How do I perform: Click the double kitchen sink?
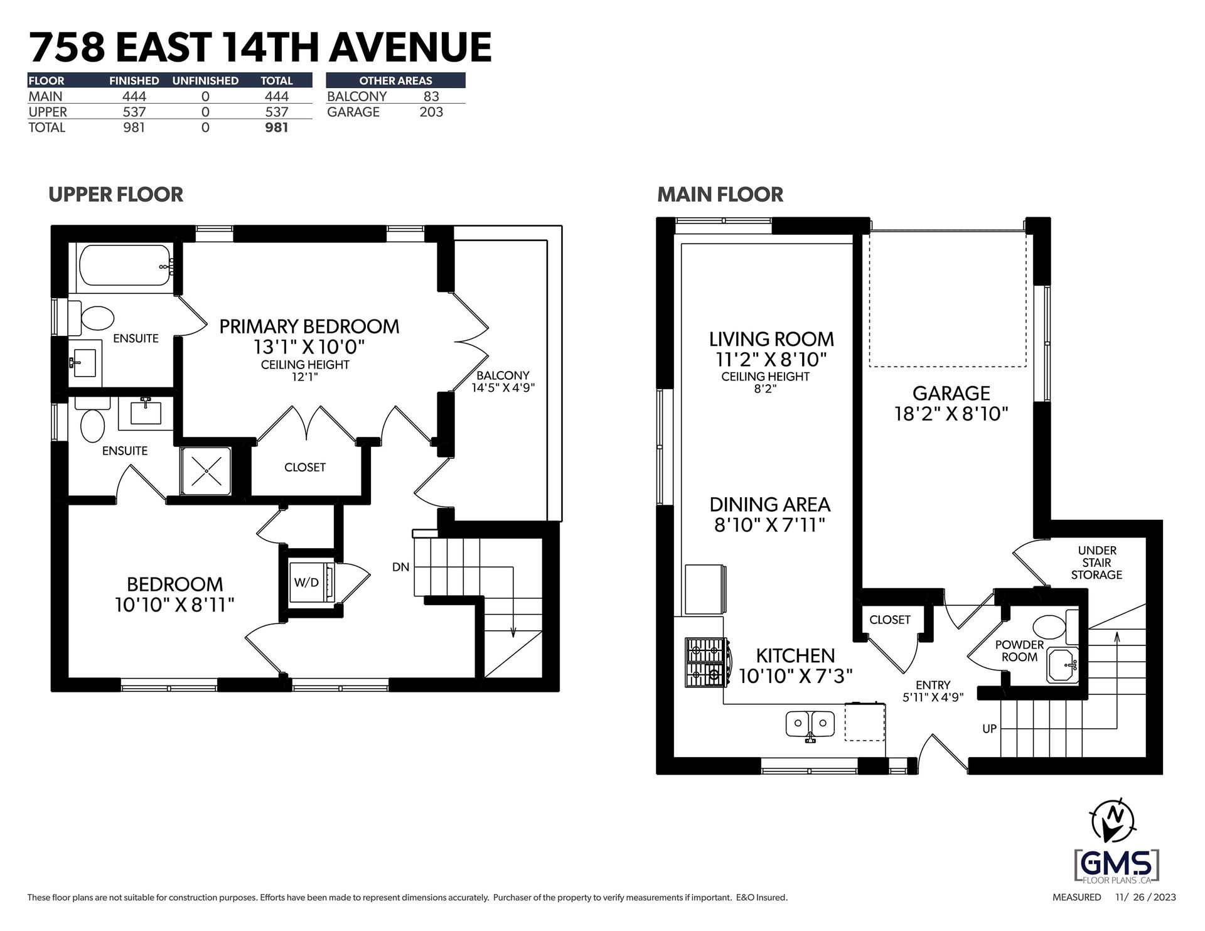point(810,724)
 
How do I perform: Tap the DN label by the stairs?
point(400,567)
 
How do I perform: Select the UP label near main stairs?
point(990,729)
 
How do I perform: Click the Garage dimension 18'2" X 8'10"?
point(951,414)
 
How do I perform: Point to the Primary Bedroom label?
point(309,326)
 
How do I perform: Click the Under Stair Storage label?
point(1096,562)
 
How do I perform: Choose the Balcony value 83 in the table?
point(431,96)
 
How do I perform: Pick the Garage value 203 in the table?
point(431,112)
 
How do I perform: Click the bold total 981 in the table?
point(277,127)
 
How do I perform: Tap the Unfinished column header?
point(205,80)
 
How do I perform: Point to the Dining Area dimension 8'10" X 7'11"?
point(769,525)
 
